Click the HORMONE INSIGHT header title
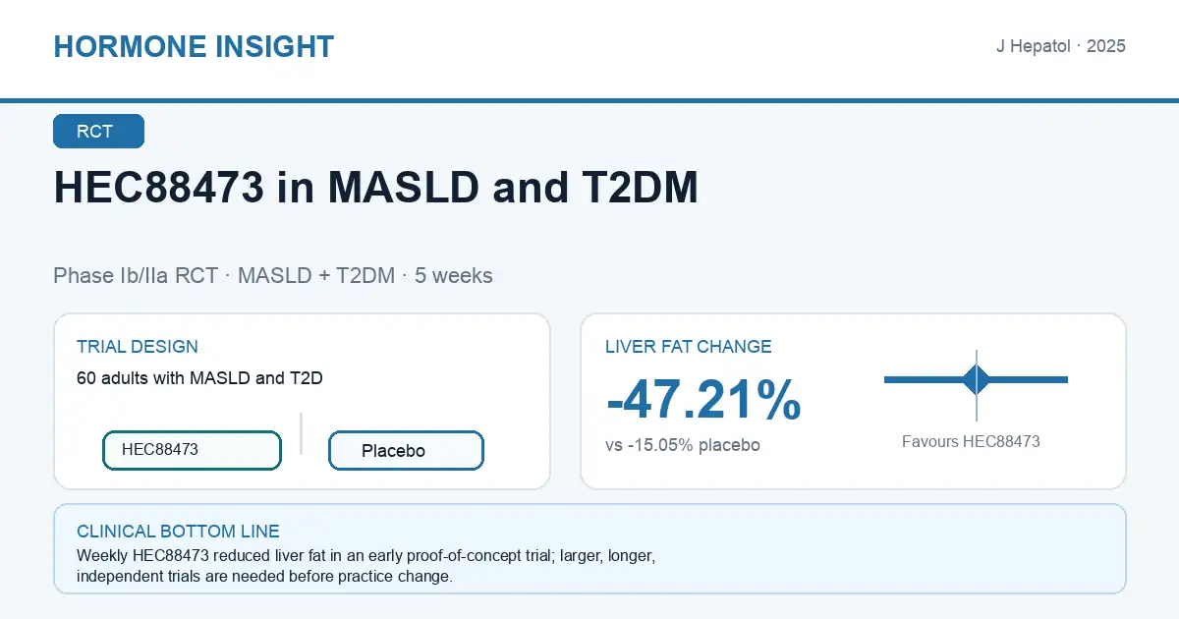click(x=194, y=46)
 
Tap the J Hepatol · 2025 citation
click(x=1060, y=46)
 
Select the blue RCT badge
click(x=98, y=131)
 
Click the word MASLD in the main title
click(x=403, y=187)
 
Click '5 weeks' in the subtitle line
click(x=453, y=275)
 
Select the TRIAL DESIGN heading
click(x=138, y=346)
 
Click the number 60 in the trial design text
click(x=85, y=378)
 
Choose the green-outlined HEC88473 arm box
click(x=193, y=450)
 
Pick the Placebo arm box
click(x=406, y=450)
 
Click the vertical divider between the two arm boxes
click(x=301, y=433)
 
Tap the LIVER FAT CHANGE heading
click(x=688, y=346)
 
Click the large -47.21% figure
click(x=703, y=400)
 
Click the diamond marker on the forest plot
click(x=977, y=379)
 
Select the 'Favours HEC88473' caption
click(x=971, y=441)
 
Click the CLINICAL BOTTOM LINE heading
click(x=178, y=532)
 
